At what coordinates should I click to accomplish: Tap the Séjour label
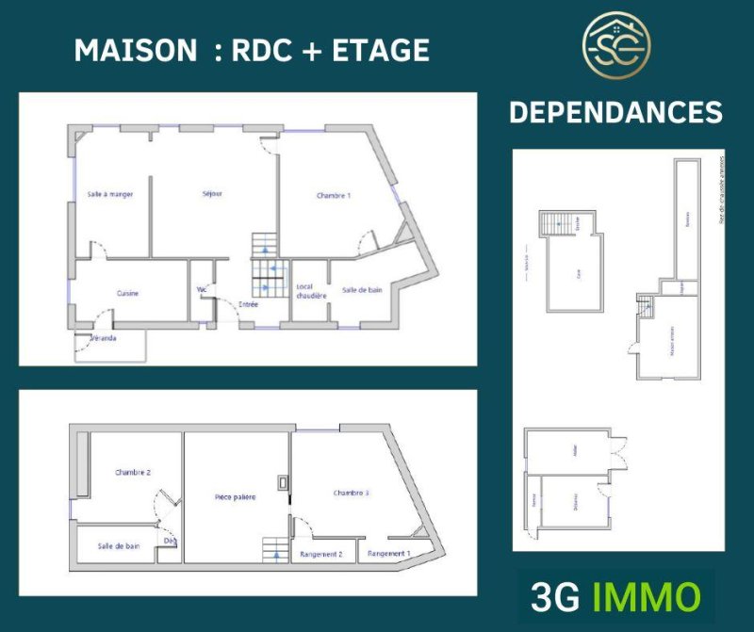[x=212, y=194]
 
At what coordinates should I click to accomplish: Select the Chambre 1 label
[x=334, y=196]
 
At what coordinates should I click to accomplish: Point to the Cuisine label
[x=128, y=293]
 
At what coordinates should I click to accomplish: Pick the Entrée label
[x=249, y=304]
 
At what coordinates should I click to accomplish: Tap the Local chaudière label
[x=311, y=291]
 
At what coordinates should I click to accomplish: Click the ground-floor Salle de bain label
[x=363, y=291]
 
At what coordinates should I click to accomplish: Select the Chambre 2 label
[x=133, y=473]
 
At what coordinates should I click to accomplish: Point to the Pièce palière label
[x=236, y=496]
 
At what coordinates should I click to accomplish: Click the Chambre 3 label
[x=351, y=493]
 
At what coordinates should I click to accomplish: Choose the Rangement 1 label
[x=389, y=554]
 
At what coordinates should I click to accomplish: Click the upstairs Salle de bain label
[x=119, y=545]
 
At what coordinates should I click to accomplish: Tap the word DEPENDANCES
[x=615, y=113]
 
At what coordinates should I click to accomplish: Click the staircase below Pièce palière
[x=275, y=550]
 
